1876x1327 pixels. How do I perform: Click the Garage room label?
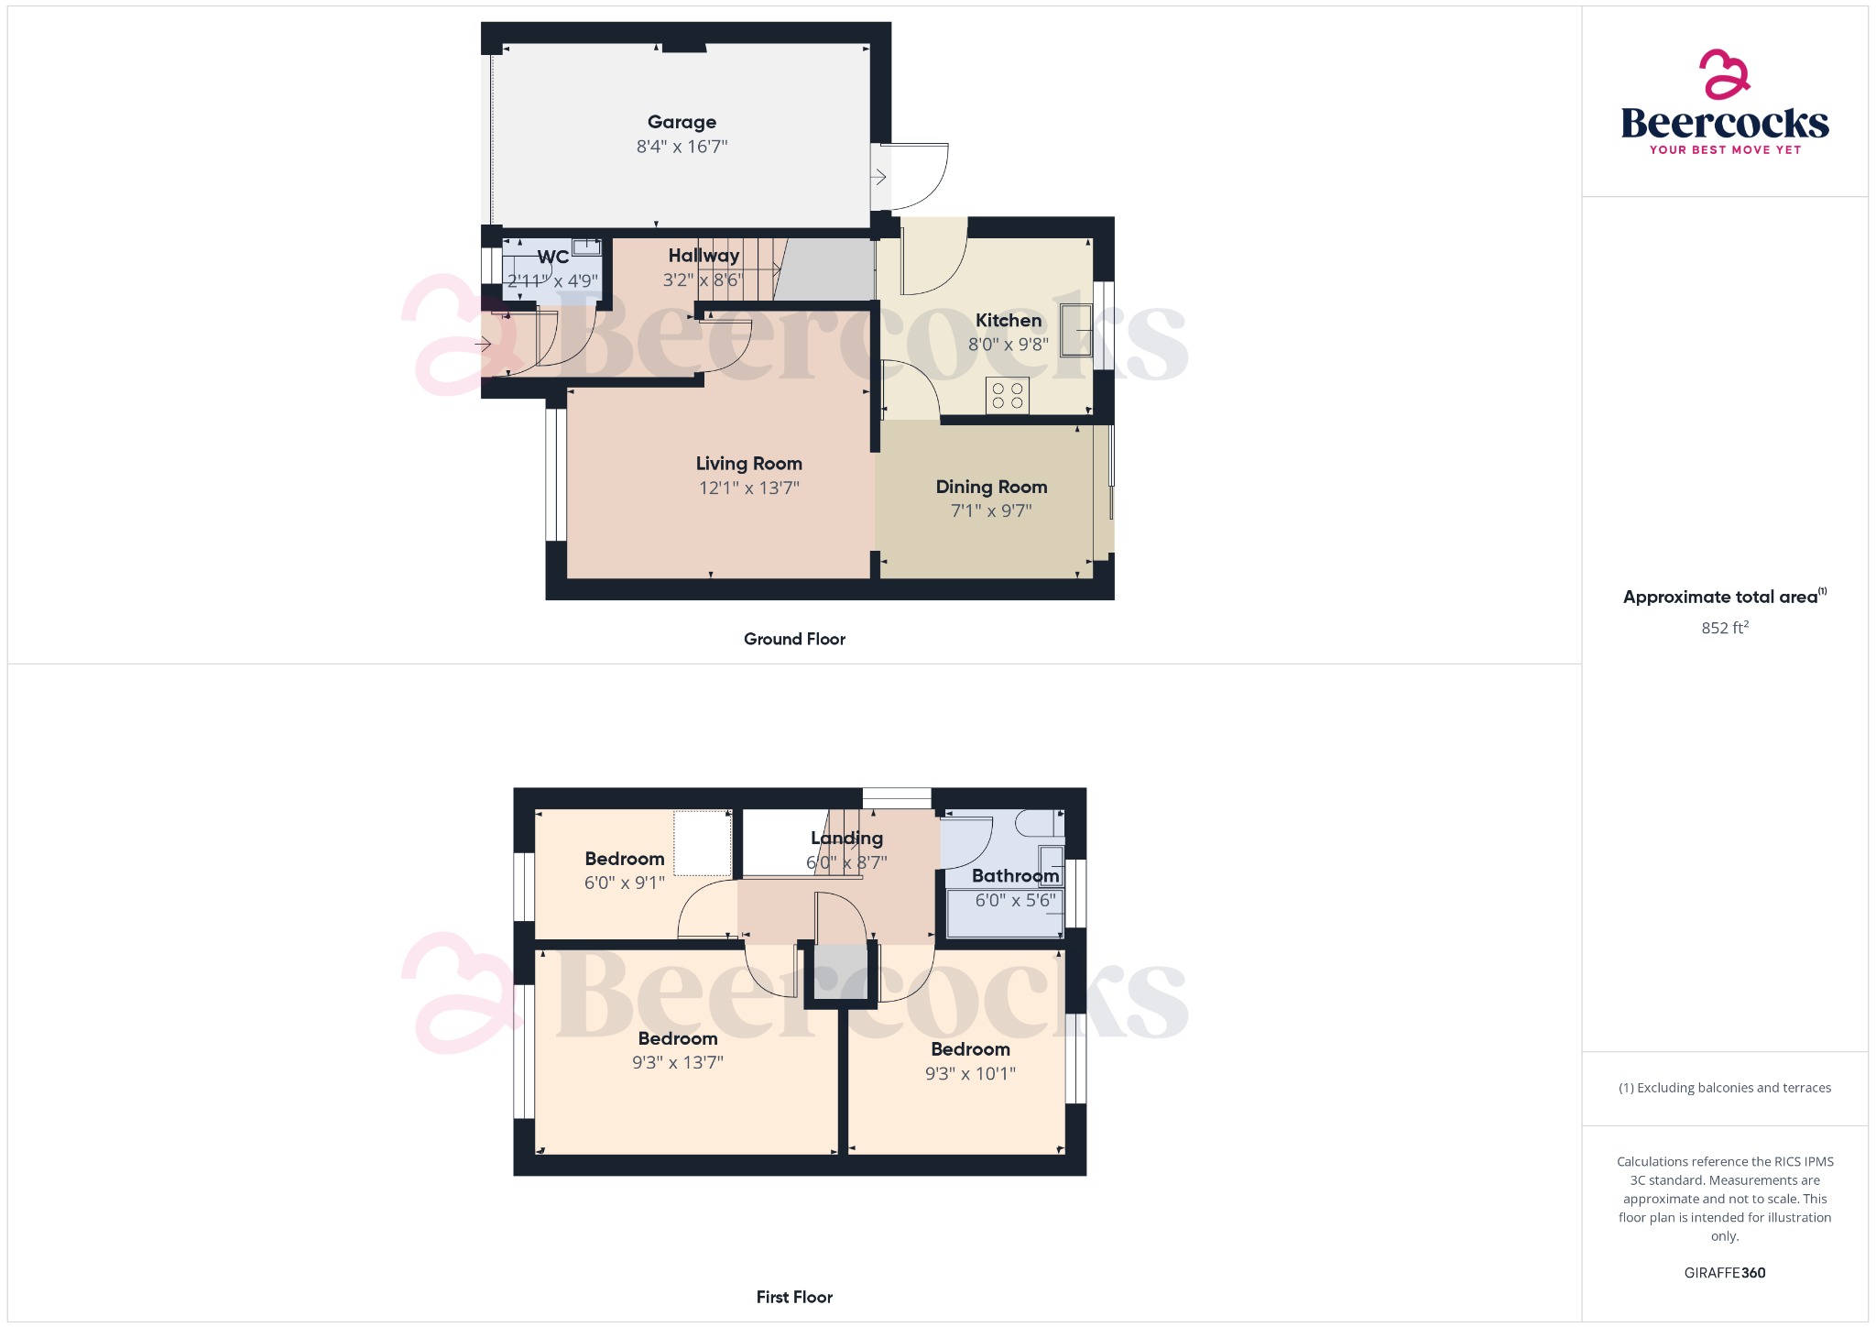(682, 122)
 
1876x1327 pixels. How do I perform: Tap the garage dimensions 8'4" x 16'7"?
(682, 147)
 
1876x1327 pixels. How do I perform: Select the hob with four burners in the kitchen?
(1007, 396)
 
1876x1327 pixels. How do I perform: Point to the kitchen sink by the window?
(1076, 330)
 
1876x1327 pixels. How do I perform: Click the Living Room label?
(748, 464)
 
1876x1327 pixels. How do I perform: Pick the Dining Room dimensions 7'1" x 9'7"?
(991, 511)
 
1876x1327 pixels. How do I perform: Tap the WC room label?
(552, 258)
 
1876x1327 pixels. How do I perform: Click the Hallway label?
(703, 256)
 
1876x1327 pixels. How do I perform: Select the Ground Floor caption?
(794, 639)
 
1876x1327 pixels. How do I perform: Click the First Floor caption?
(794, 1297)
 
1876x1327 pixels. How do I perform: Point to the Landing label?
(846, 838)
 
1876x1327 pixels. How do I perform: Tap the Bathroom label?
(1015, 876)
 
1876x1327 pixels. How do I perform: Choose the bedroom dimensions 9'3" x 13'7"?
(677, 1063)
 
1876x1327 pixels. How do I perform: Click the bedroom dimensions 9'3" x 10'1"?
(970, 1074)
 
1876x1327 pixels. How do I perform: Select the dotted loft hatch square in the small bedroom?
(703, 843)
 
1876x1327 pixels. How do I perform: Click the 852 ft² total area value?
(1724, 628)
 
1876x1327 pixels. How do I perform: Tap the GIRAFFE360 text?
(1724, 1273)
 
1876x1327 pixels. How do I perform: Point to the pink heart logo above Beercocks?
(1724, 74)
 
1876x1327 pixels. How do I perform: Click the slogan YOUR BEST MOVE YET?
(1725, 150)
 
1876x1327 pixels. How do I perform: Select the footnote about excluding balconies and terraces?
(1724, 1088)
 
